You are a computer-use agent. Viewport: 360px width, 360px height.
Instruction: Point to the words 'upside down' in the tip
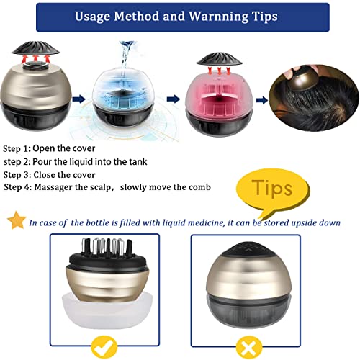[x=312, y=222]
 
